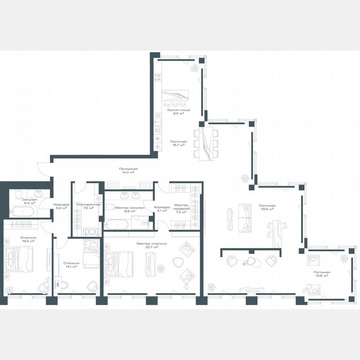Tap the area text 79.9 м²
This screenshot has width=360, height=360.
click(x=267, y=210)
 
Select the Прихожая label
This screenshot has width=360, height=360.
click(x=128, y=169)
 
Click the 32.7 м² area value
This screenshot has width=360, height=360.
click(x=152, y=247)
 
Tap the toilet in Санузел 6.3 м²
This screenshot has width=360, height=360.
click(x=17, y=195)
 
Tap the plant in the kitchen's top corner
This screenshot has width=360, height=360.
click(x=195, y=67)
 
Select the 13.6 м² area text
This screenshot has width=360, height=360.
click(x=321, y=275)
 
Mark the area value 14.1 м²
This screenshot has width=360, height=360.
click(x=72, y=267)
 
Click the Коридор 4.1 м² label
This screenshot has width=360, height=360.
click(x=162, y=209)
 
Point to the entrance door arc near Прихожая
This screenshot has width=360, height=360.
click(x=42, y=169)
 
